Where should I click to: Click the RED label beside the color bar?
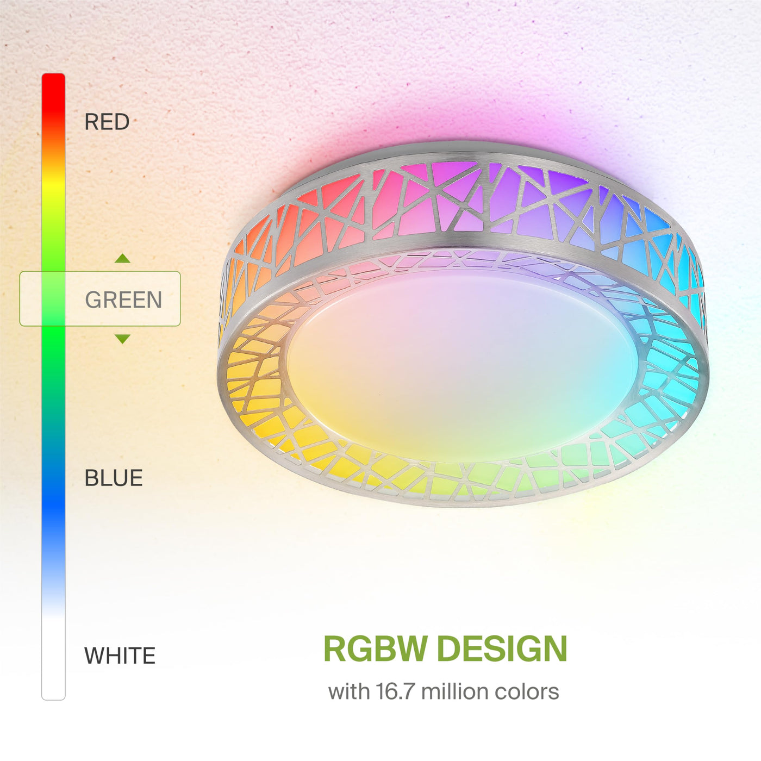pyautogui.click(x=107, y=122)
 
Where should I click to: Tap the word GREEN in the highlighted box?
pyautogui.click(x=123, y=300)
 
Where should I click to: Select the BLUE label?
pyautogui.click(x=114, y=478)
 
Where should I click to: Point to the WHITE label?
pyautogui.click(x=120, y=656)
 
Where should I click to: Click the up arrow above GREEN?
pyautogui.click(x=122, y=258)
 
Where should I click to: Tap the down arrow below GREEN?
pyautogui.click(x=122, y=339)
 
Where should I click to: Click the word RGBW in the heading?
pyautogui.click(x=376, y=649)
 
